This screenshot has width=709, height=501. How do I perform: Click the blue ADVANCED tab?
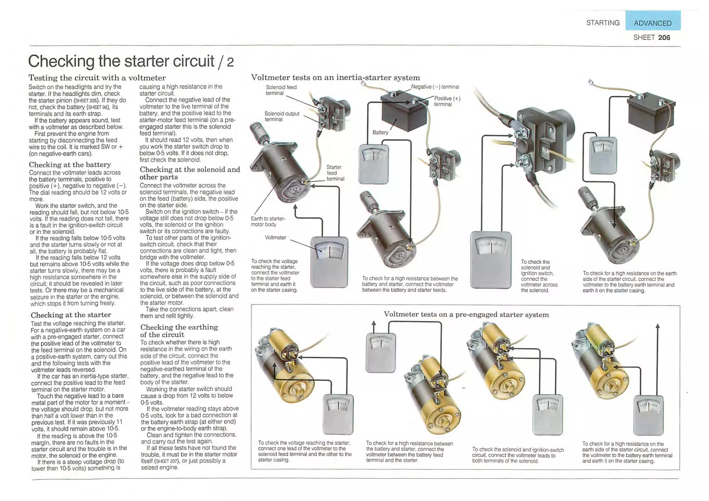coord(653,23)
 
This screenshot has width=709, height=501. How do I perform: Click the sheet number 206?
coord(664,37)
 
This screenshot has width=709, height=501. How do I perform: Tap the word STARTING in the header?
coord(603,23)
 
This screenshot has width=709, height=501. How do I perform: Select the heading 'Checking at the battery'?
coord(70,164)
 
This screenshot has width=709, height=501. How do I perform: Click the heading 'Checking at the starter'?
coord(71,315)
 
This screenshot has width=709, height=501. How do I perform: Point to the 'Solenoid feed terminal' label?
coord(281,90)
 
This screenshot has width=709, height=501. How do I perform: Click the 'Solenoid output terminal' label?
coord(281,116)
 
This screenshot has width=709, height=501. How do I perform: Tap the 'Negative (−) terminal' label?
coord(435,87)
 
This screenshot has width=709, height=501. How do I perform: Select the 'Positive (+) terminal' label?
coord(447,101)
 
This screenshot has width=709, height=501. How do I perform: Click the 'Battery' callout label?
coord(380,132)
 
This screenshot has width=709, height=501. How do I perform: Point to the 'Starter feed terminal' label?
coord(335,173)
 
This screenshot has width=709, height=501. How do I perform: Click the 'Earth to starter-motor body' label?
coord(268,221)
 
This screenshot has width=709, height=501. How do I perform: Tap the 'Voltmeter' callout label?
coord(275,238)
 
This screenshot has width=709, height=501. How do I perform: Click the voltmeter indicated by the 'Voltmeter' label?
coord(329,262)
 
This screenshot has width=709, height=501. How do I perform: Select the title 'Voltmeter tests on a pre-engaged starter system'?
coord(466,314)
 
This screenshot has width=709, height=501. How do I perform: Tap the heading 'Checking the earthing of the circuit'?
coord(179,331)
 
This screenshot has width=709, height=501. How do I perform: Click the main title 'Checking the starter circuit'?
coord(121,61)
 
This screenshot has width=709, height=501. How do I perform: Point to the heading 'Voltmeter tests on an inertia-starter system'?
coord(335,78)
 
